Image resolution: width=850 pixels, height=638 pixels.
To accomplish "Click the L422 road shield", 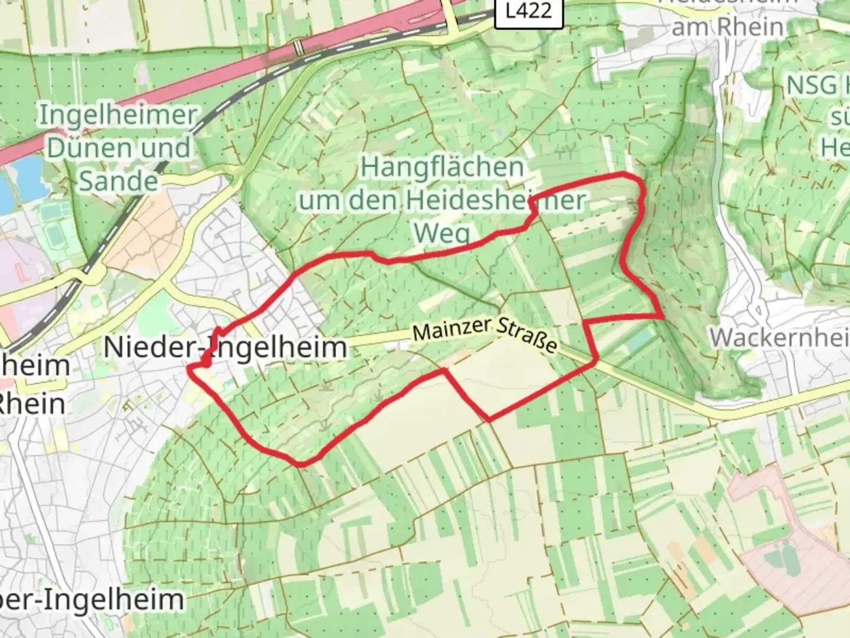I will pos(529,12).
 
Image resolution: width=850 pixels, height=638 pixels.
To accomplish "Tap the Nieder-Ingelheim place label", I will pos(225,347).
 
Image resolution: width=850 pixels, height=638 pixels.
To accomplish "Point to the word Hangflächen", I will pos(442,168).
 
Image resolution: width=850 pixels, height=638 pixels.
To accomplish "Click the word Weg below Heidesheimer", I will pos(442,233).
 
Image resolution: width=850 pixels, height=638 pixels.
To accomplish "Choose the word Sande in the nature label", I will pos(118,181).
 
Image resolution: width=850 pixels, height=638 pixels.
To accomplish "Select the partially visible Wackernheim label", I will pos(779,338).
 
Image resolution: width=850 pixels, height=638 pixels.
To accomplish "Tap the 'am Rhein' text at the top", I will pos(728,27).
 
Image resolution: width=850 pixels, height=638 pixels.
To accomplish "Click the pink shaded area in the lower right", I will pos(791,543).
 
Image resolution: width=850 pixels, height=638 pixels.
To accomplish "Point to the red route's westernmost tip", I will pos(189,367).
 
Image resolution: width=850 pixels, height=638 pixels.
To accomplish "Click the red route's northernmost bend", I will pos(626,174).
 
